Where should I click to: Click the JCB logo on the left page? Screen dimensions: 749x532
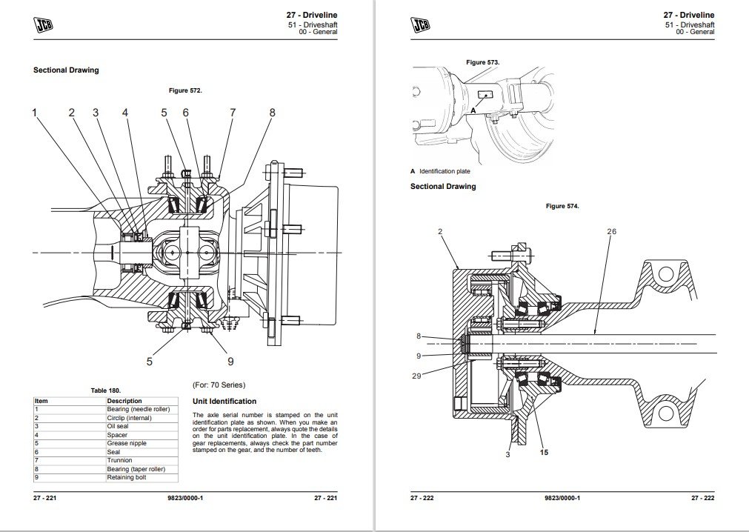click(x=43, y=25)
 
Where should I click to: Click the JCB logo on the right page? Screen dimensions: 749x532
click(x=420, y=25)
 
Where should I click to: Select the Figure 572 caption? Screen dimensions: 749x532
click(x=185, y=90)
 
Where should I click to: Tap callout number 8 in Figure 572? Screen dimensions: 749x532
click(x=273, y=113)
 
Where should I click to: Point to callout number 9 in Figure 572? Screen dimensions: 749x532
click(x=230, y=361)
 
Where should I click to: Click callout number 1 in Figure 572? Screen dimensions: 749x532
click(x=34, y=113)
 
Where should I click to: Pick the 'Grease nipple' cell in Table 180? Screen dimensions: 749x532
click(x=127, y=443)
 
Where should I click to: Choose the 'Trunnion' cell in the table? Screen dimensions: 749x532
click(x=119, y=460)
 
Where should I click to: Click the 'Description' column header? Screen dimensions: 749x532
click(x=124, y=401)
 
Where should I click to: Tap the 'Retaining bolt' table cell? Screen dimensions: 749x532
click(x=127, y=478)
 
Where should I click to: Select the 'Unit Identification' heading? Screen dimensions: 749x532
click(x=224, y=401)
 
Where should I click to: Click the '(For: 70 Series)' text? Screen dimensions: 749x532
click(x=219, y=385)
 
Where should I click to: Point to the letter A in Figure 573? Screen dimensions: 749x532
click(x=473, y=110)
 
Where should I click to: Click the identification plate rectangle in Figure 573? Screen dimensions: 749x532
click(x=485, y=95)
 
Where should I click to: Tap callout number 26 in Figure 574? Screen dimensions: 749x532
click(x=611, y=232)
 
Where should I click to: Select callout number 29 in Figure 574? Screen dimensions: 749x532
click(x=416, y=376)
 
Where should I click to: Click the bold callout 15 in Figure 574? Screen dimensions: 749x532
click(x=544, y=452)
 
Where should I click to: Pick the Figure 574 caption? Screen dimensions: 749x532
click(x=562, y=206)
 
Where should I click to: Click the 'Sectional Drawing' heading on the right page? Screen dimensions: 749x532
click(x=443, y=186)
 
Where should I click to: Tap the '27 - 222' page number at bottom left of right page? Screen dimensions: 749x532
click(x=422, y=498)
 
